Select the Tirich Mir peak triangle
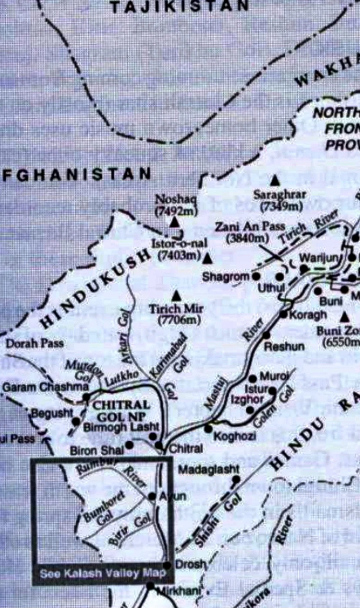[x=176, y=296]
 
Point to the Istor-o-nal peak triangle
[x=208, y=259]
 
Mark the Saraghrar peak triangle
[x=275, y=180]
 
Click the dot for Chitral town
[x=159, y=445]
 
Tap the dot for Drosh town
[x=167, y=565]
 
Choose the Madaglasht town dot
[x=236, y=479]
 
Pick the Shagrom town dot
[x=257, y=276]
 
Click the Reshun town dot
[x=266, y=335]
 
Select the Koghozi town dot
[x=208, y=429]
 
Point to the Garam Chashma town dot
[x=86, y=397]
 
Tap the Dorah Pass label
[x=34, y=343]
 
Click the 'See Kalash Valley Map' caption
[x=103, y=574]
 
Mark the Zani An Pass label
[x=250, y=226]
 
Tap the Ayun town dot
[x=152, y=496]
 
